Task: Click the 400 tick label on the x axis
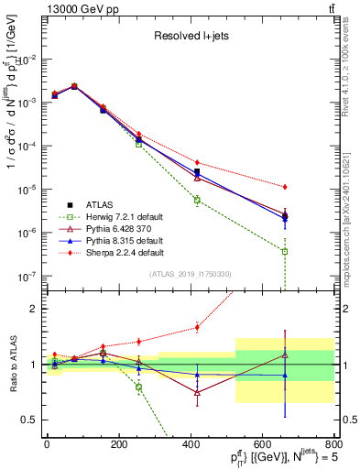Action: (x=191, y=444)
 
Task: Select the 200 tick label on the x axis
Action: (x=118, y=444)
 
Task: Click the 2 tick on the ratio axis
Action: (x=35, y=309)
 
